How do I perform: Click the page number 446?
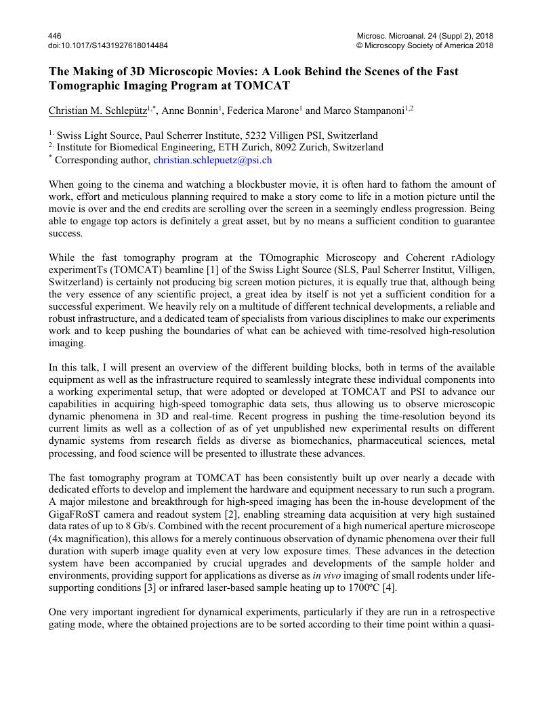pos(55,36)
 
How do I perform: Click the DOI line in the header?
pos(108,45)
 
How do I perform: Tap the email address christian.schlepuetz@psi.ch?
pos(213,160)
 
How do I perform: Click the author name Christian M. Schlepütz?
pos(98,111)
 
